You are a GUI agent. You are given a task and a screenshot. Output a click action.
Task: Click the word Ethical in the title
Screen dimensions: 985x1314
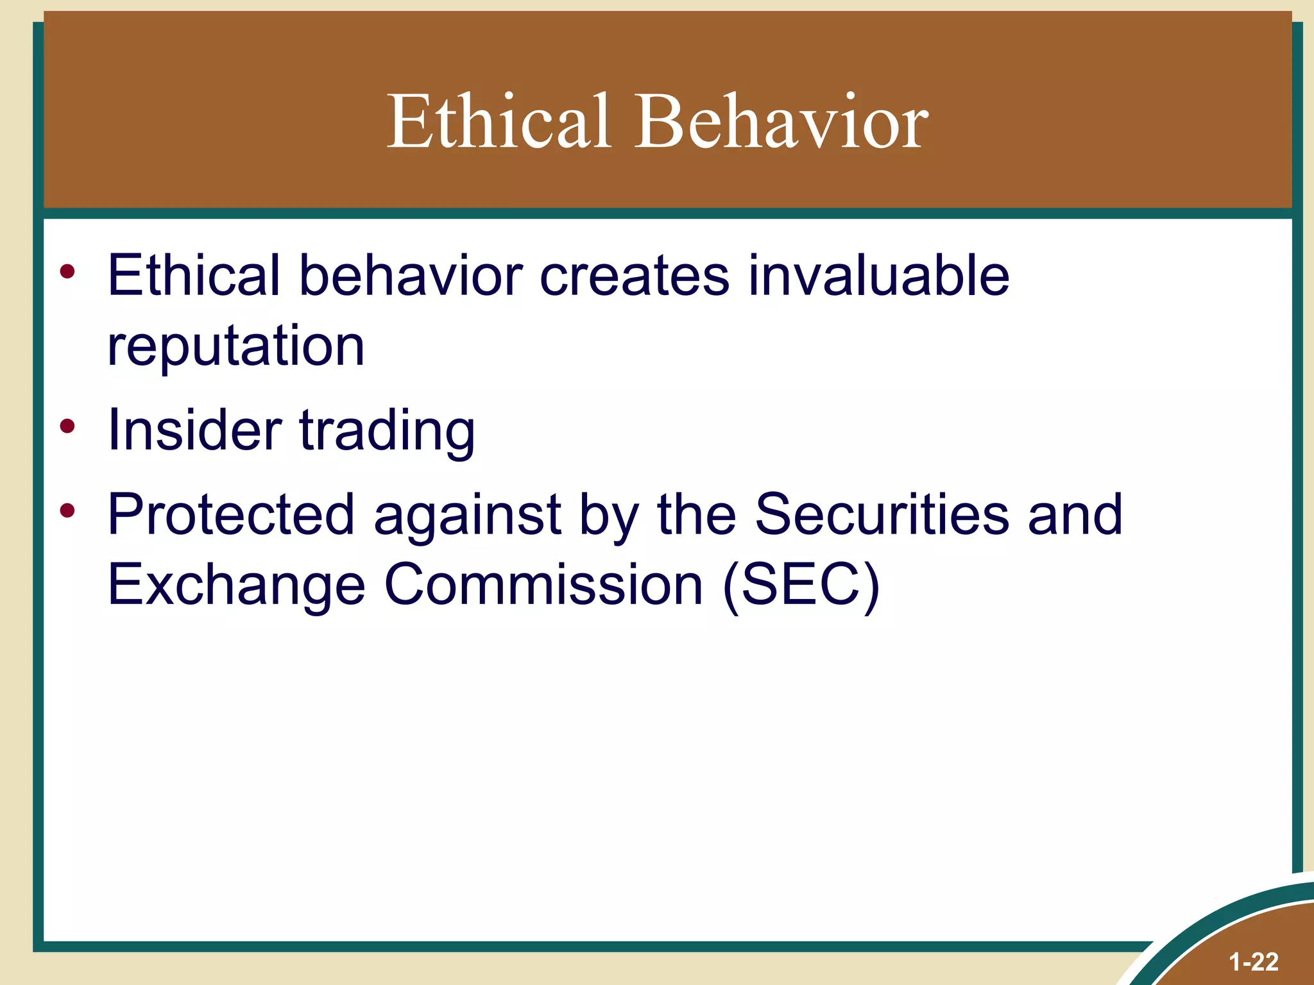[499, 121]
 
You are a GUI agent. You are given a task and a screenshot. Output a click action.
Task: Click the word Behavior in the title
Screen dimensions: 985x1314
[781, 121]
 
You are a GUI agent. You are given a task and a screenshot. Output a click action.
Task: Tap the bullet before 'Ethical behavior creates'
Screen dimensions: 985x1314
[67, 272]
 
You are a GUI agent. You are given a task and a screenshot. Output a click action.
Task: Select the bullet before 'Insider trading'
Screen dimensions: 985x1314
[67, 426]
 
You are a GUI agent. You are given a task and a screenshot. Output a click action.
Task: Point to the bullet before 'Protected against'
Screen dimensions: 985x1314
[67, 510]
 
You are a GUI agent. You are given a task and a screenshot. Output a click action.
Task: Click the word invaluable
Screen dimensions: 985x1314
[878, 276]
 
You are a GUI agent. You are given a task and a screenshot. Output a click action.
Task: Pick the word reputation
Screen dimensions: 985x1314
[236, 347]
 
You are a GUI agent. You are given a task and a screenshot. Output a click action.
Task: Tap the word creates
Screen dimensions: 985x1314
[634, 276]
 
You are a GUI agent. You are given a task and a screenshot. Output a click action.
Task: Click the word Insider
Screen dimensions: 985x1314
[194, 430]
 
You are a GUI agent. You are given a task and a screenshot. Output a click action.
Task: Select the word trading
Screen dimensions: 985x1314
[388, 432]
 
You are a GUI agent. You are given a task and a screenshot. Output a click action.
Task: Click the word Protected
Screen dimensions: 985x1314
[231, 514]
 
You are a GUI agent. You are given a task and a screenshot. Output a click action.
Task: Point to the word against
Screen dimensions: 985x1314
[468, 516]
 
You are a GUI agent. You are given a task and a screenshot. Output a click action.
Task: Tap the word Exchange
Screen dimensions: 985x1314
[236, 585]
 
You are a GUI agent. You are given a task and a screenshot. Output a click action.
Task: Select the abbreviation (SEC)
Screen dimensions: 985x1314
[801, 585]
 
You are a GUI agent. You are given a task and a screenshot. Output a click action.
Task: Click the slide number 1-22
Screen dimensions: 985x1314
[1253, 962]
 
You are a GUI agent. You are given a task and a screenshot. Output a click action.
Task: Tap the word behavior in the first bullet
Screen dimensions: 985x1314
[411, 276]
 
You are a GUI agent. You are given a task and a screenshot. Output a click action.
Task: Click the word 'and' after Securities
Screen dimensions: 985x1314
[1075, 514]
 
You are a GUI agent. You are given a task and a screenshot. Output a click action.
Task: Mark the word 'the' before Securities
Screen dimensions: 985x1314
[697, 514]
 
